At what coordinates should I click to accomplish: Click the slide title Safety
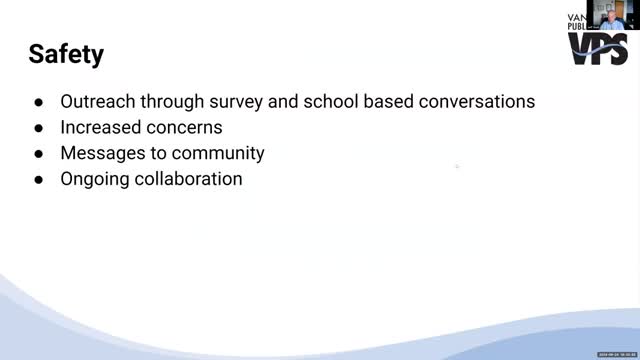point(66,53)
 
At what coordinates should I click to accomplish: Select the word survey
point(237,102)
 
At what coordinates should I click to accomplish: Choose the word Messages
point(103,154)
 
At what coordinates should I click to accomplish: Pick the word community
point(219,154)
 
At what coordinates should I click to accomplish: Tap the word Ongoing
point(96,180)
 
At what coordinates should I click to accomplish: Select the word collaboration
point(190,180)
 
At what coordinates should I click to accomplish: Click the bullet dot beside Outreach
point(38,103)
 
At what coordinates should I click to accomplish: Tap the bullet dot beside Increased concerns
point(38,129)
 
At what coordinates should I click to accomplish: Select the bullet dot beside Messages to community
point(38,155)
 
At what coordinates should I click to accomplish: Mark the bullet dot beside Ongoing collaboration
point(38,181)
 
